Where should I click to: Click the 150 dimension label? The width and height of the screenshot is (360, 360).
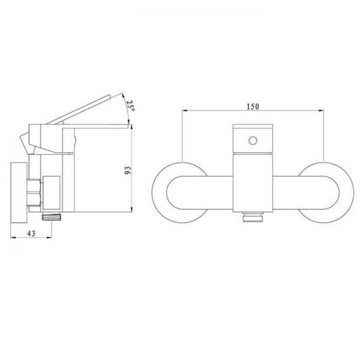[x=253, y=107]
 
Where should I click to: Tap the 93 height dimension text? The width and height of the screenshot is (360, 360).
[x=128, y=170]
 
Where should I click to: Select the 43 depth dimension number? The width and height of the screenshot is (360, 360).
[x=31, y=233]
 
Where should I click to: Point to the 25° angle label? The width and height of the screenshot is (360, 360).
[x=131, y=106]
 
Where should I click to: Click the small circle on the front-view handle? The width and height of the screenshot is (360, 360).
[x=253, y=140]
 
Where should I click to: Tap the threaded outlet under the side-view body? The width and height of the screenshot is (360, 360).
[x=52, y=217]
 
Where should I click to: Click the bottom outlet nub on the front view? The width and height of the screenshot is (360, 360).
[x=253, y=217]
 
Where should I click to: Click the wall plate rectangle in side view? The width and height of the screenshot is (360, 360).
[x=19, y=193]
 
